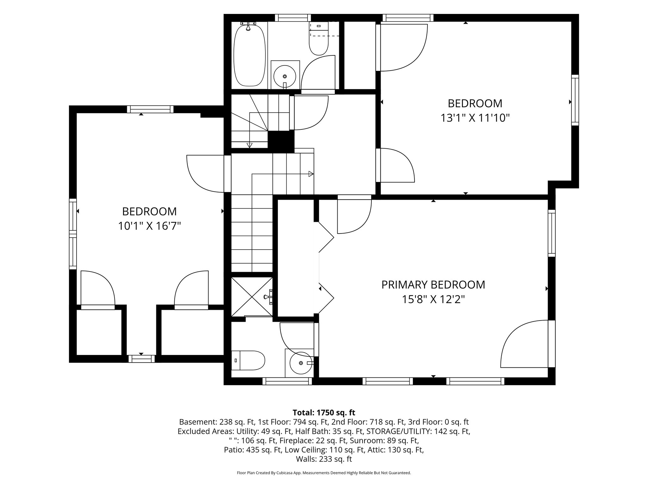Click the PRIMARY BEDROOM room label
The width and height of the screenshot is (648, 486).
pos(433,285)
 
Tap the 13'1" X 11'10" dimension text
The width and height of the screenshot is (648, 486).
pos(475,118)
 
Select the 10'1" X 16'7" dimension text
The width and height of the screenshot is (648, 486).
pos(149,226)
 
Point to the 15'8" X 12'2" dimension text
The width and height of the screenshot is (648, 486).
pos(433,299)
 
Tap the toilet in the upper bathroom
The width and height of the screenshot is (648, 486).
pos(319,39)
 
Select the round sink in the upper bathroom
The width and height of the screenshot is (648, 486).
pos(285,75)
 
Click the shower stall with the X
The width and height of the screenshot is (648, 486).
pos(252,296)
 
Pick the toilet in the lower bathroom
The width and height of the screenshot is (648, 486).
pos(248,360)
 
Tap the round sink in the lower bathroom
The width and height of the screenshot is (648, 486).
pos(301,363)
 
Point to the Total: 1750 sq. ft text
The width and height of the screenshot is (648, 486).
pos(324,413)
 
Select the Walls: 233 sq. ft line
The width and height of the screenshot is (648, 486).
pos(324,459)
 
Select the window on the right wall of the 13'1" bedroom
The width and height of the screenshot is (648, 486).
pos(575,100)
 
